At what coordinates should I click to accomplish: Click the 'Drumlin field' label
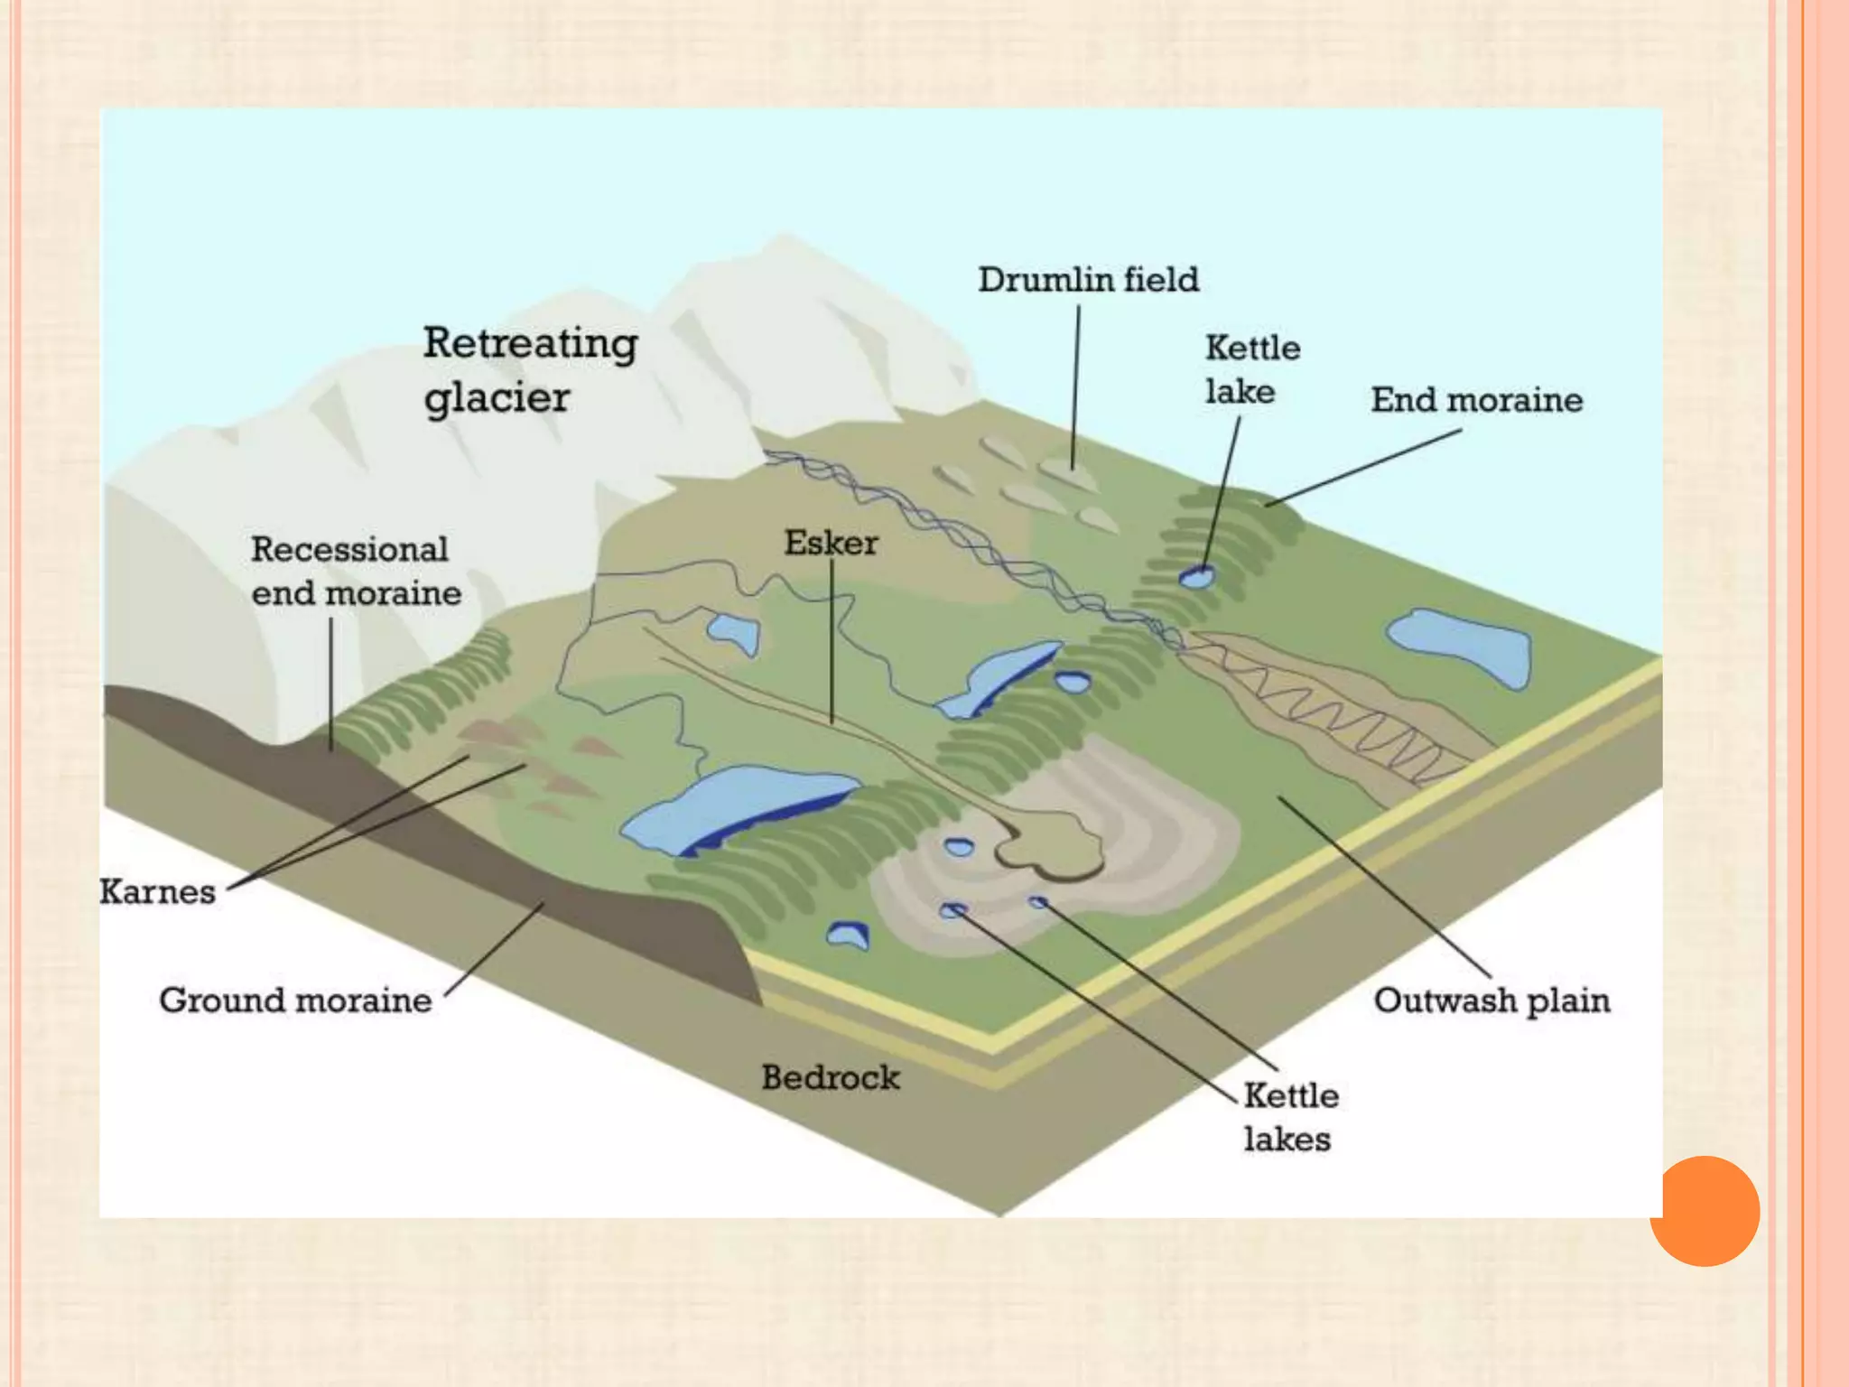pyautogui.click(x=1088, y=280)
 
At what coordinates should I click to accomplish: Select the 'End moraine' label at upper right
pyautogui.click(x=1476, y=400)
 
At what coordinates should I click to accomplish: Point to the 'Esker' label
pyautogui.click(x=831, y=543)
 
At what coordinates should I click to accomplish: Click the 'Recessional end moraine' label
pyautogui.click(x=356, y=571)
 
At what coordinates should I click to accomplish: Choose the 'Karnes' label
pyautogui.click(x=157, y=892)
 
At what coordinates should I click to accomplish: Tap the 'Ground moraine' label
pyautogui.click(x=295, y=1001)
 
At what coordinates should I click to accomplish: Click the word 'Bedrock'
pyautogui.click(x=831, y=1077)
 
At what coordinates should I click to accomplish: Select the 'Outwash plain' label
pyautogui.click(x=1491, y=1001)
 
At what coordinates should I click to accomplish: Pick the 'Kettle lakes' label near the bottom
pyautogui.click(x=1290, y=1117)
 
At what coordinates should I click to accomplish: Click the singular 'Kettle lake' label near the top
pyautogui.click(x=1252, y=369)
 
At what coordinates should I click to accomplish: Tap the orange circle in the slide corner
pyautogui.click(x=1705, y=1211)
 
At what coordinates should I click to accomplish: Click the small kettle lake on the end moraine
pyautogui.click(x=1197, y=576)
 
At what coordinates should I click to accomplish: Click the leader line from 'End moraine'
pyautogui.click(x=1363, y=467)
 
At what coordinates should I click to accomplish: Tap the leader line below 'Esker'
pyautogui.click(x=832, y=641)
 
